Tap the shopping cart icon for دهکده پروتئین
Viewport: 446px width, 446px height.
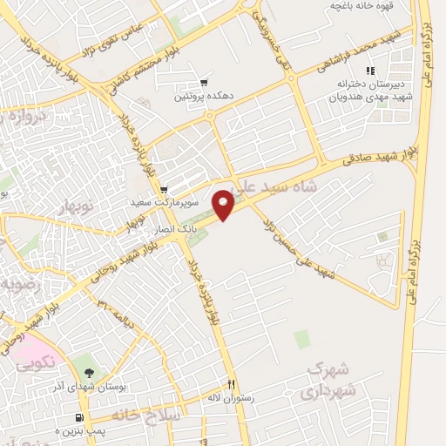point(205,82)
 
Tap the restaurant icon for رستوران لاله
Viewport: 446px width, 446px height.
point(231,384)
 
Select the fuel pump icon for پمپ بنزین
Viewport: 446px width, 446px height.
point(80,418)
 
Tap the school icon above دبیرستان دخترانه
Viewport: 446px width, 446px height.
point(370,71)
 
